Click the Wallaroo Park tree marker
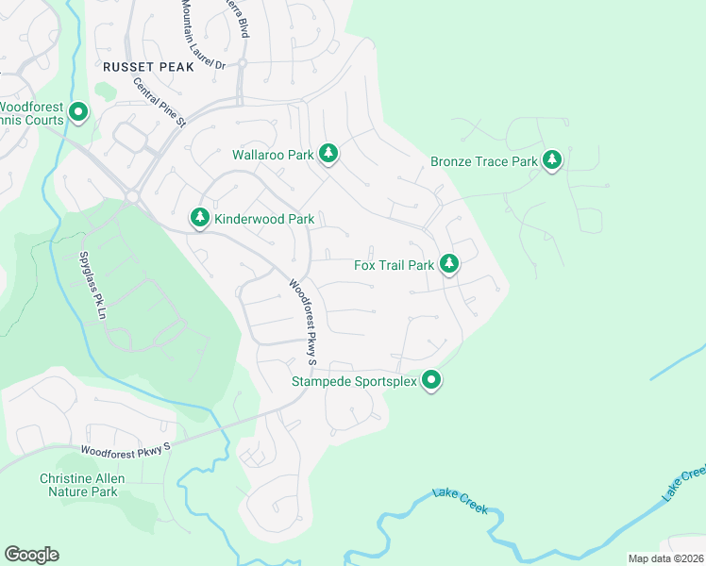coord(328,153)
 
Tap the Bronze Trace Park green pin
coord(552,160)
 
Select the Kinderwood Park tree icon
coord(199,218)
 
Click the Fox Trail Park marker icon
coord(450,264)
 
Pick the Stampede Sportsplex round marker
coord(432,381)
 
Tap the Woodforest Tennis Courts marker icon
coord(78,113)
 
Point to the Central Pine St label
coord(160,102)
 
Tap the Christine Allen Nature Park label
coord(78,485)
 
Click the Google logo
coord(31,555)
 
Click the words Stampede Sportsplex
coord(353,382)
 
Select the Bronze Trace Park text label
coord(483,161)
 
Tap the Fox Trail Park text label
coord(394,265)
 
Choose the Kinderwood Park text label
coord(264,219)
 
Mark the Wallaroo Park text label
coord(273,154)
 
